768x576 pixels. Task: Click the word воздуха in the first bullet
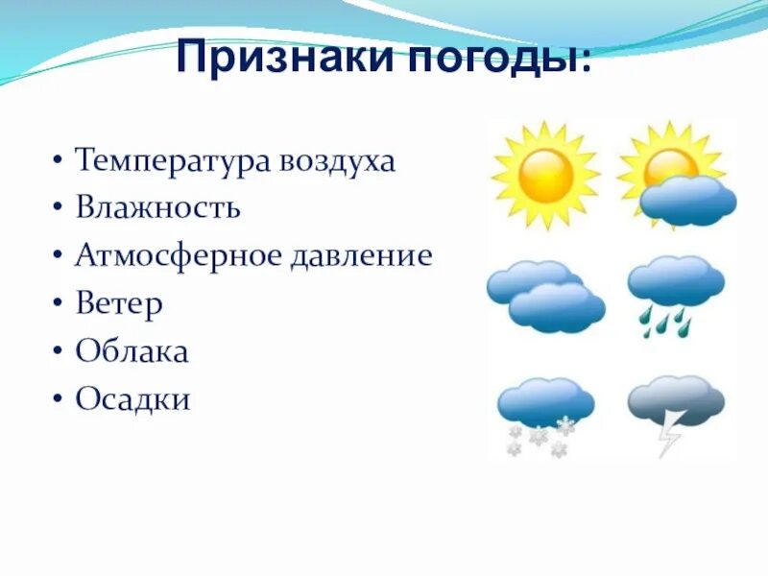tap(337, 160)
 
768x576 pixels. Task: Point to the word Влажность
tap(157, 207)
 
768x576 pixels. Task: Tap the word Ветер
tap(119, 303)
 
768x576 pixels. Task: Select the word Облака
tap(132, 351)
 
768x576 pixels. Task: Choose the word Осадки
tap(133, 398)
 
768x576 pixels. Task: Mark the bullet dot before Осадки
tap(59, 400)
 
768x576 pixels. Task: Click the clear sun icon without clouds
tap(545, 175)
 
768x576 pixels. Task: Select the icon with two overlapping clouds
tap(545, 296)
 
